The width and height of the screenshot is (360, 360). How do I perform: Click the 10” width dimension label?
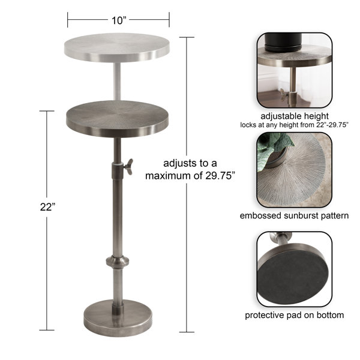pos(119,20)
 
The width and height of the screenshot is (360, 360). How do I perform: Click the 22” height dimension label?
pos(47,207)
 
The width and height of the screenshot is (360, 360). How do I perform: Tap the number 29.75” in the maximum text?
pos(220,176)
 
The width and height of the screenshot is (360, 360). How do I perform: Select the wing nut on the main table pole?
pos(128,166)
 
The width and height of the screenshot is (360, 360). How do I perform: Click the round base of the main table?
pos(118,318)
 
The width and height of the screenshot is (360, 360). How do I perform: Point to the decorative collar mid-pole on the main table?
pos(118,261)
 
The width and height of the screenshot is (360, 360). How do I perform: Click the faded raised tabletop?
pos(117,47)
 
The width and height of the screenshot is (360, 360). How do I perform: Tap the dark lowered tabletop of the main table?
pos(118,119)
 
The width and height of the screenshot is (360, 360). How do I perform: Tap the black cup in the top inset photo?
pos(283,42)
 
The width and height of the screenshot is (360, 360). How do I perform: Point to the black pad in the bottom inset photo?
pos(293,277)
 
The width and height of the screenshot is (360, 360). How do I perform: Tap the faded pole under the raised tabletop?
pos(117,81)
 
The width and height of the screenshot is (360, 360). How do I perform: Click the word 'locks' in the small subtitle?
pos(247,125)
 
